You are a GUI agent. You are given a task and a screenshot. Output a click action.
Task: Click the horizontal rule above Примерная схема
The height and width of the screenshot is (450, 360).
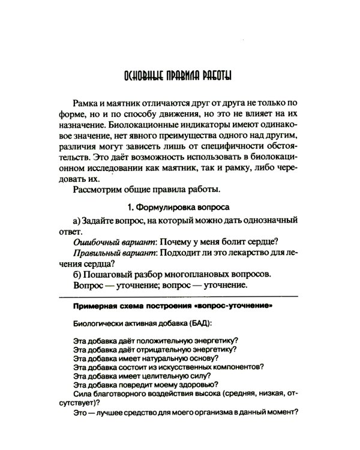[x=178, y=296]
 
